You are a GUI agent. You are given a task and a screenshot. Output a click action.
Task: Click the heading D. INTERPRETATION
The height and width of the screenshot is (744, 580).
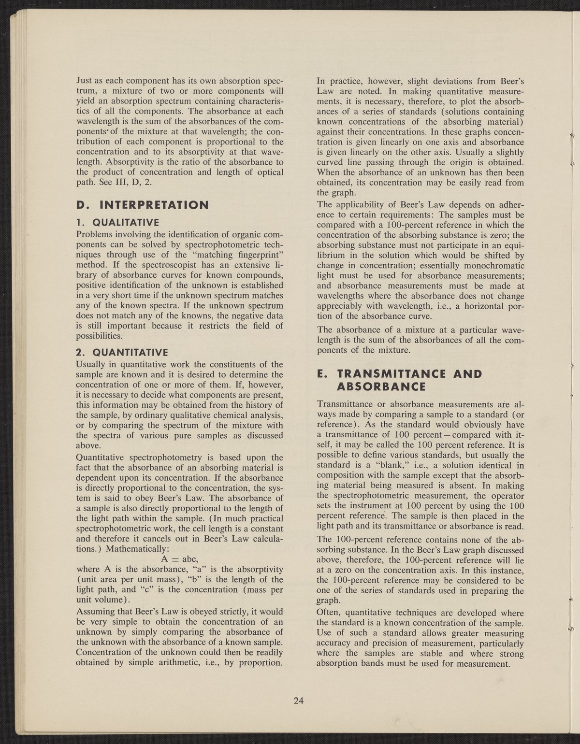point(143,205)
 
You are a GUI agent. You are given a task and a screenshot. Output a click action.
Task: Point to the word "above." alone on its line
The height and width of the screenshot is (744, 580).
point(88,445)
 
